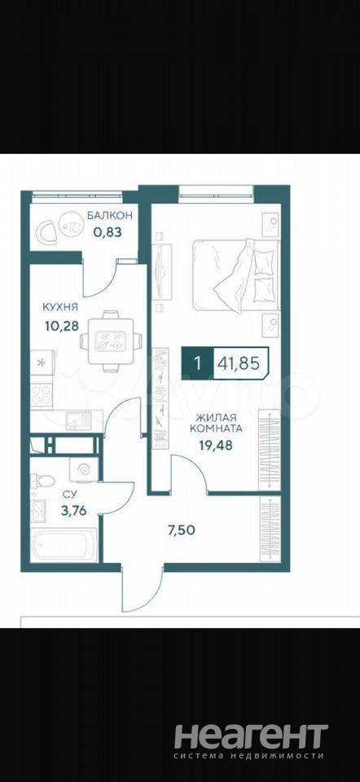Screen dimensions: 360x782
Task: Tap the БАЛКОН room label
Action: (x=110, y=215)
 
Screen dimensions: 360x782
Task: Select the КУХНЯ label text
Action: (x=59, y=306)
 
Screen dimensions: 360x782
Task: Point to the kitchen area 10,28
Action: (x=61, y=326)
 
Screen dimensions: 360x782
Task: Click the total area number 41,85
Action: (x=238, y=363)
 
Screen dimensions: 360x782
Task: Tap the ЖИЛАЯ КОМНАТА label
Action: (x=219, y=423)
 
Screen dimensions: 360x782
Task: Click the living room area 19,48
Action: (x=216, y=446)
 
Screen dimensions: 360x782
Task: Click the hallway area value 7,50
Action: (x=181, y=530)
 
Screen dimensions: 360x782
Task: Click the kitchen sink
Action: (x=78, y=420)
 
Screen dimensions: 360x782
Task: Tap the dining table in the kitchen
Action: (x=111, y=341)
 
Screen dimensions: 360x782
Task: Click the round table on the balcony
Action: (x=72, y=226)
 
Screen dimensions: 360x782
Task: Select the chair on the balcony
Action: (x=46, y=231)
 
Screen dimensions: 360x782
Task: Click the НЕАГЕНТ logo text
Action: (x=251, y=737)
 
